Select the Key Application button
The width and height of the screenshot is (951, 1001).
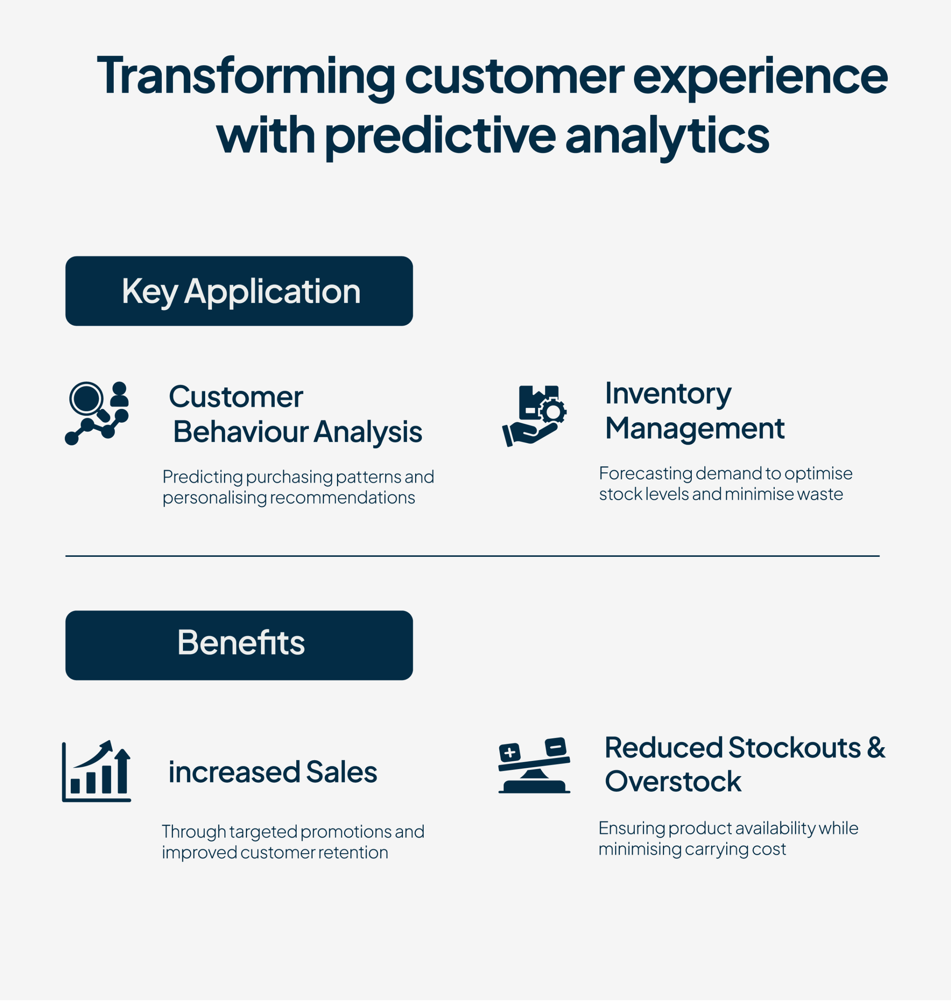[239, 291]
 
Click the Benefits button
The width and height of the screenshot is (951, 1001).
[239, 645]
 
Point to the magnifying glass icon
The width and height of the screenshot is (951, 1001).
[89, 401]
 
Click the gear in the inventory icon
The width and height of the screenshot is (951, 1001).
[553, 411]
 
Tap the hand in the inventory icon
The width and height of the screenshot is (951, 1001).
[530, 434]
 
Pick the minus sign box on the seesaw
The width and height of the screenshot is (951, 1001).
[555, 747]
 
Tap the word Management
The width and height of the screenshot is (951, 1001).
[695, 429]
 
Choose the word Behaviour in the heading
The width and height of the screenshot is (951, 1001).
[240, 432]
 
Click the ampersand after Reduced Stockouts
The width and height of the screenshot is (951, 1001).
[876, 748]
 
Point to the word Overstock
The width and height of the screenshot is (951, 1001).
[673, 781]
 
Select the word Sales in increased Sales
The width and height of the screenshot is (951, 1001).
[342, 772]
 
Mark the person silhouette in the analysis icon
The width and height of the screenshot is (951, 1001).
[119, 395]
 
